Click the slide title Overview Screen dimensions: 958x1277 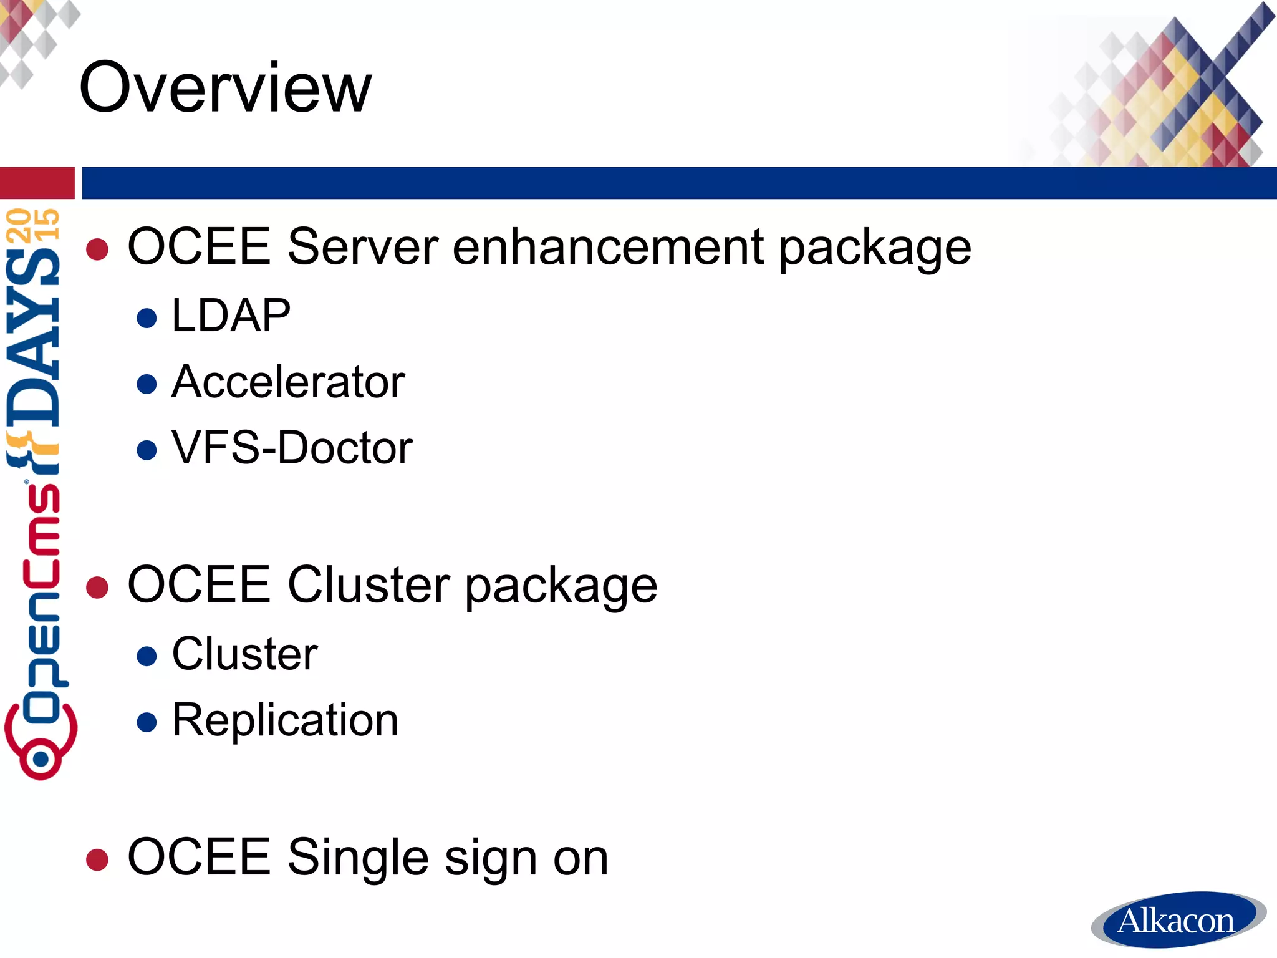tap(225, 87)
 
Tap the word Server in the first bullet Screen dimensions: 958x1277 tap(363, 246)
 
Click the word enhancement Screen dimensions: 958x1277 tap(608, 246)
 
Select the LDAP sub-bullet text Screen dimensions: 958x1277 tap(231, 316)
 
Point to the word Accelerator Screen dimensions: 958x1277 tap(288, 382)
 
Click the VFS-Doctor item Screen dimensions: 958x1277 tap(292, 448)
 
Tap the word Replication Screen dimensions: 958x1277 tap(285, 720)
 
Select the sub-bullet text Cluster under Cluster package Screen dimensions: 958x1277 tap(244, 654)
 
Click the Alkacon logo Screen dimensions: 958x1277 tap(1177, 920)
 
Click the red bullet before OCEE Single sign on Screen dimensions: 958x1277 tap(97, 859)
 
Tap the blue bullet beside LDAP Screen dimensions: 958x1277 tap(147, 318)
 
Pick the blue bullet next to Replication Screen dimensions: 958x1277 tap(147, 722)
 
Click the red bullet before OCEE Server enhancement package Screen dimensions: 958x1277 tap(97, 249)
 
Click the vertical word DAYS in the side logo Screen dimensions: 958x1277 tap(34, 337)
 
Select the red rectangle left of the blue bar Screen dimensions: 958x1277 tap(37, 183)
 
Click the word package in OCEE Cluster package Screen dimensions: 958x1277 tap(561, 586)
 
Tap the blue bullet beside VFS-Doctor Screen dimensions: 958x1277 tap(147, 450)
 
